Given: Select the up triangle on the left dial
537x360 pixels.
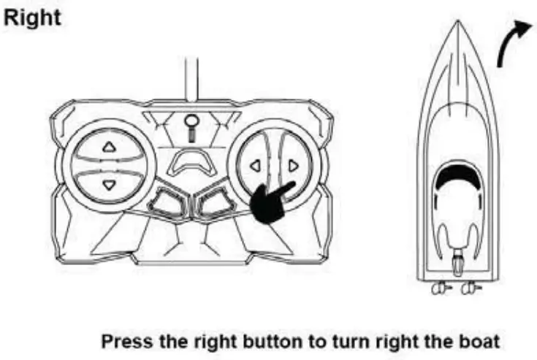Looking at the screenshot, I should pos(110,147).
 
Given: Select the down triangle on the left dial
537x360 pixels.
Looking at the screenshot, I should pos(110,184).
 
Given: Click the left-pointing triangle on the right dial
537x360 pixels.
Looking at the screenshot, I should pos(255,166).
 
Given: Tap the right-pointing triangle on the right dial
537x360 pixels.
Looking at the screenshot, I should pos(292,166).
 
